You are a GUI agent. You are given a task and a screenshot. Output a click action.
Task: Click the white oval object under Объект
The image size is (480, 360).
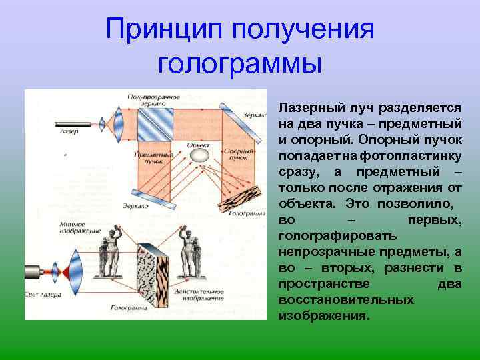click(199, 155)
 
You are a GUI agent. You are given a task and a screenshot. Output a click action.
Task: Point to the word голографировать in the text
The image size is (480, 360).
click(337, 235)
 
